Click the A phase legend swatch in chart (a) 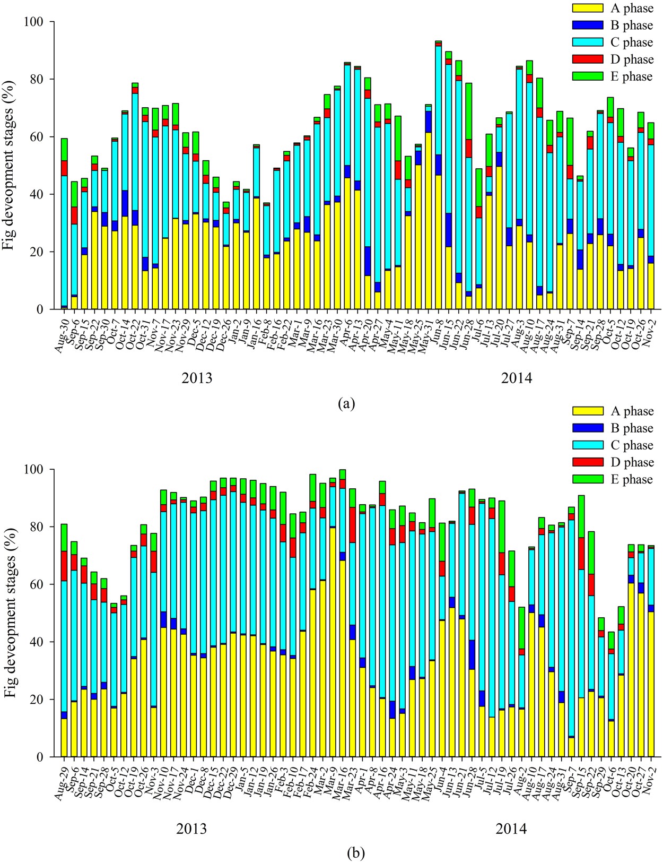(588, 8)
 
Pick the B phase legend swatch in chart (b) (588, 428)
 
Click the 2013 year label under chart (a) (197, 378)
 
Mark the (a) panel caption (346, 403)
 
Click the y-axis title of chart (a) (11, 165)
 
